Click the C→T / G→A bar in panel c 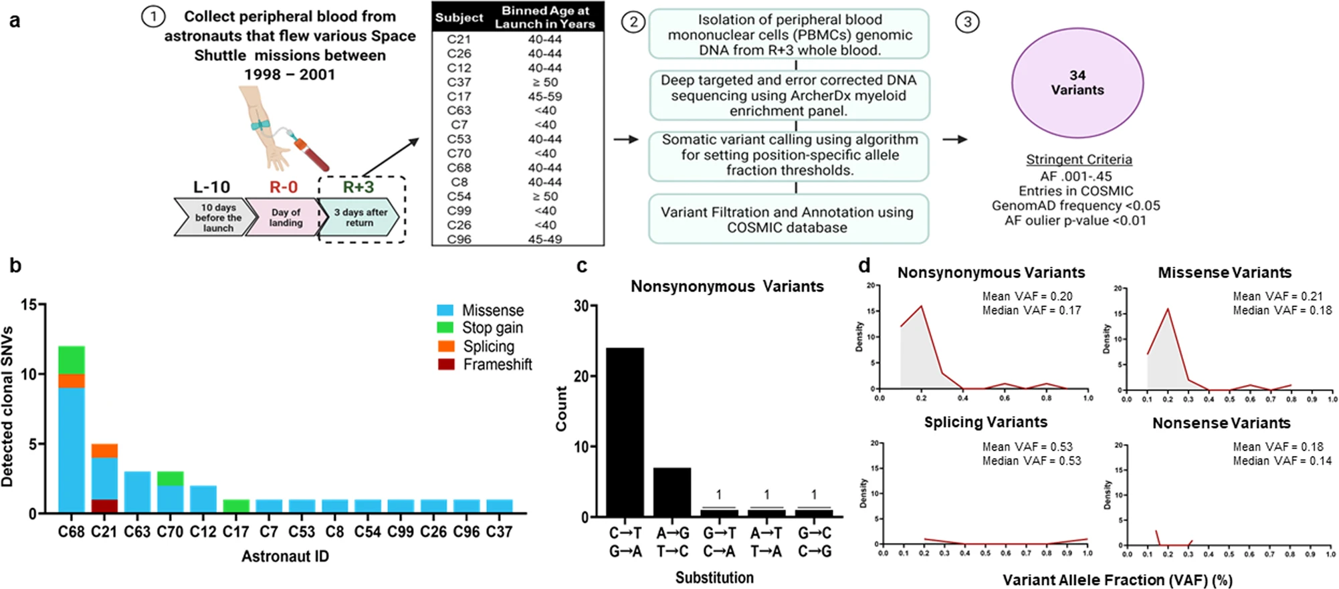(x=625, y=432)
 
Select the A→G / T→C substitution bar (x=672, y=492)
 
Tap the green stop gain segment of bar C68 (x=72, y=360)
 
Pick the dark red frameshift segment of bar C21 (x=104, y=507)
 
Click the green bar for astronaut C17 (x=235, y=507)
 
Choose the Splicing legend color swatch (x=446, y=346)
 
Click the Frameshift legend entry (x=497, y=364)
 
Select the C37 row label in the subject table (x=459, y=82)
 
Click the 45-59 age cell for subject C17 (x=544, y=96)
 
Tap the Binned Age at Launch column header (x=544, y=17)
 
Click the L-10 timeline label (x=211, y=187)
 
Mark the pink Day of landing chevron (x=284, y=217)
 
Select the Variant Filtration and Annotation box (x=788, y=219)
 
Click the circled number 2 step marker (x=633, y=22)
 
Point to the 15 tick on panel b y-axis (x=29, y=305)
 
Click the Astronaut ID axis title (x=285, y=556)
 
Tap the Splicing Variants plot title (x=985, y=423)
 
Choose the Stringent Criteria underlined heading (x=1079, y=160)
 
